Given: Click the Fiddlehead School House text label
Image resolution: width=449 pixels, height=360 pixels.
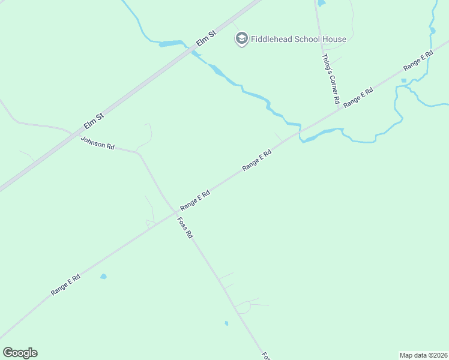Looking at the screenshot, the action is point(298,40).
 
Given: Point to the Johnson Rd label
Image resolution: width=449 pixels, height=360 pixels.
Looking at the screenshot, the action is point(97,143).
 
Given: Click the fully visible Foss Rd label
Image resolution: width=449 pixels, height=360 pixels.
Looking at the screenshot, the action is point(185,227).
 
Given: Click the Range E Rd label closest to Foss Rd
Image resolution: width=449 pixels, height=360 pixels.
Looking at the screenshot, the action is point(195,200).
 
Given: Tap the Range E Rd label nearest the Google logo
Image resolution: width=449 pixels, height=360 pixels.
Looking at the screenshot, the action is point(65,285).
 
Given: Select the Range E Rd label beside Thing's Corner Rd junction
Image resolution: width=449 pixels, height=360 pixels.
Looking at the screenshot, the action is point(359,97).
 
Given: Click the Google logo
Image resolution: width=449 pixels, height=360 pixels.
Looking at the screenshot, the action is point(20,353).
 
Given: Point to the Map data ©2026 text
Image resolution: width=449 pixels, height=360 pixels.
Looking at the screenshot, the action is point(424,355).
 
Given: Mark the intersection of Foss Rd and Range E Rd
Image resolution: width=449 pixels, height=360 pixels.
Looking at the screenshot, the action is point(175,212).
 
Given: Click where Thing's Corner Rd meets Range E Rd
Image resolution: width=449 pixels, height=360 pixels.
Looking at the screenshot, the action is point(337,109).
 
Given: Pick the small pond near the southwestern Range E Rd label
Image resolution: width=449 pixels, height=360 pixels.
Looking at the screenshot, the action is point(103,277).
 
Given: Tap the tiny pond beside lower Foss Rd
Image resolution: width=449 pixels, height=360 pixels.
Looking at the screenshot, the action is point(226,323).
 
